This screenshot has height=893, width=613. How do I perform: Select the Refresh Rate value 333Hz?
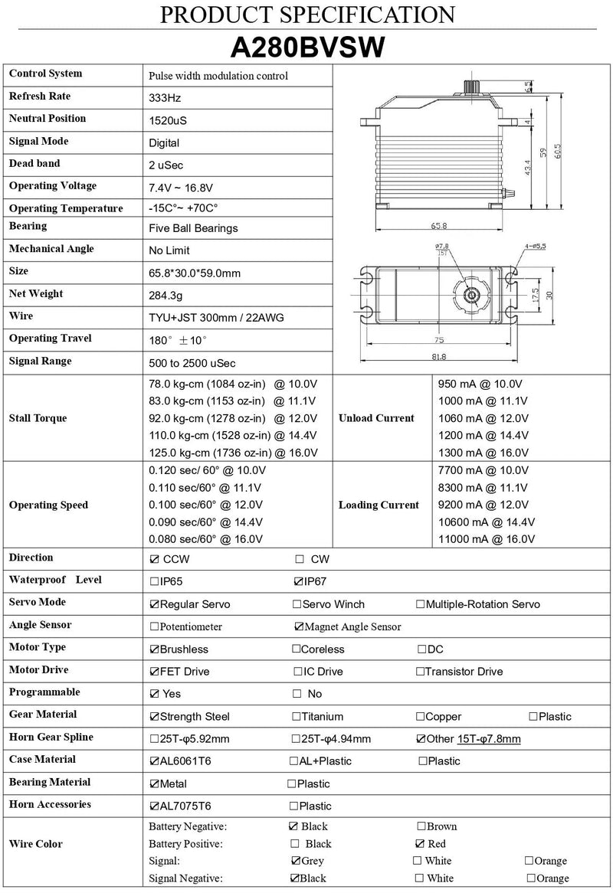[x=165, y=98]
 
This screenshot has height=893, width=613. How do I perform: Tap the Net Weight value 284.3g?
[x=166, y=295]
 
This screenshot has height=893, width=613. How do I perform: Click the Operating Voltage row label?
[x=53, y=185]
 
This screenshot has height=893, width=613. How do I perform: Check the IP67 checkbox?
[x=299, y=582]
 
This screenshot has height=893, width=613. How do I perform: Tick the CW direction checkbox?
[x=300, y=560]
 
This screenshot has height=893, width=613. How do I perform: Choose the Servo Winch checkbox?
[x=297, y=604]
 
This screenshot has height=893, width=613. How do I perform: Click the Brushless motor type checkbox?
[x=155, y=649]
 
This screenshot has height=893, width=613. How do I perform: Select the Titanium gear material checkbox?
[x=297, y=717]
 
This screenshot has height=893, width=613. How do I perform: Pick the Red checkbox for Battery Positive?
[x=420, y=844]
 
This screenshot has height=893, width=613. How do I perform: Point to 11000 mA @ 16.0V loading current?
[x=486, y=539]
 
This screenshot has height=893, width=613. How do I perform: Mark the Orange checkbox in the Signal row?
[x=529, y=862]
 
